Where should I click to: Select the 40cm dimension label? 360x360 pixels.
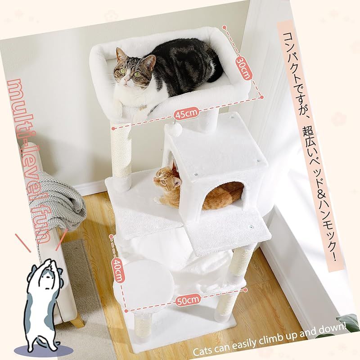tap(117, 269)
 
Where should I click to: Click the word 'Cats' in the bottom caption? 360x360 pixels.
tap(202, 351)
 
